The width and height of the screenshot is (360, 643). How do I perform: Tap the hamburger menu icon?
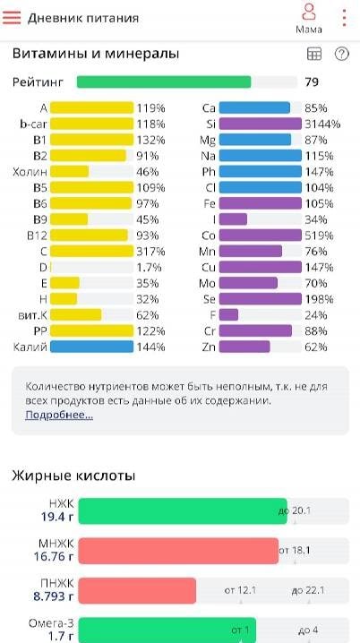point(11,18)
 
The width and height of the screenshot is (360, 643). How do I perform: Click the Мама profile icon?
point(309,12)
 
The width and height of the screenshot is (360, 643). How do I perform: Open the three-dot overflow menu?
point(344,18)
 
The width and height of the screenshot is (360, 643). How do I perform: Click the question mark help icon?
point(341,54)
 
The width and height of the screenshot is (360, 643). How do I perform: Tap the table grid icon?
point(314,54)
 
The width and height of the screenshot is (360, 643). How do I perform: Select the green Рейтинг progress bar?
point(164,82)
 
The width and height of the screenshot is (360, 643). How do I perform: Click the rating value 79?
point(312,82)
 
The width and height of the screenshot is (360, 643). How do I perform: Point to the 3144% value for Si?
point(322,124)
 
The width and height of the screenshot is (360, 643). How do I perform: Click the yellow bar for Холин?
point(69,171)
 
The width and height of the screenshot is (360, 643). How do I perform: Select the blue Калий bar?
point(92,347)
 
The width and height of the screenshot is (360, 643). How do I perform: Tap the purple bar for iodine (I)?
point(233,219)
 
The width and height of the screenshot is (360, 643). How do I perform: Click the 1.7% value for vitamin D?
point(149,268)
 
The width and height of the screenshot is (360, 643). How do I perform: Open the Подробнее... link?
point(59,415)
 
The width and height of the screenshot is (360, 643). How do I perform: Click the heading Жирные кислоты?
point(73,476)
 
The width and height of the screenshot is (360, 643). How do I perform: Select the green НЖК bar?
point(183,511)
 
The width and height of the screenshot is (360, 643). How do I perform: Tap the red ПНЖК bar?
point(137,590)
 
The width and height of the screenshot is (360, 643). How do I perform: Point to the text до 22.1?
point(308,590)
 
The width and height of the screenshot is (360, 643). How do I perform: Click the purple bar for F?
point(228,315)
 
